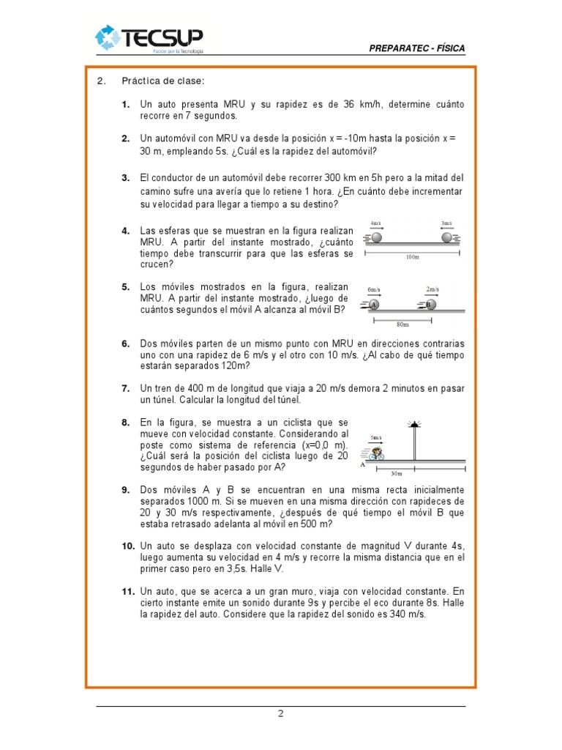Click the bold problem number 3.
pos(125,177)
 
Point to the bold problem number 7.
pos(125,387)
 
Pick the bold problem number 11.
pos(128,590)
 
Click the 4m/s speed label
pos(376,223)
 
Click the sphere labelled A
pos(373,305)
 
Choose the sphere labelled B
pos(430,305)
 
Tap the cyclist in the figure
pos(377,454)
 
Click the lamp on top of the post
pos(414,424)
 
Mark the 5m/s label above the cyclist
pos(376,438)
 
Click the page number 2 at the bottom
pos(280,715)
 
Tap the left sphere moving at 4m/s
pos(376,237)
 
